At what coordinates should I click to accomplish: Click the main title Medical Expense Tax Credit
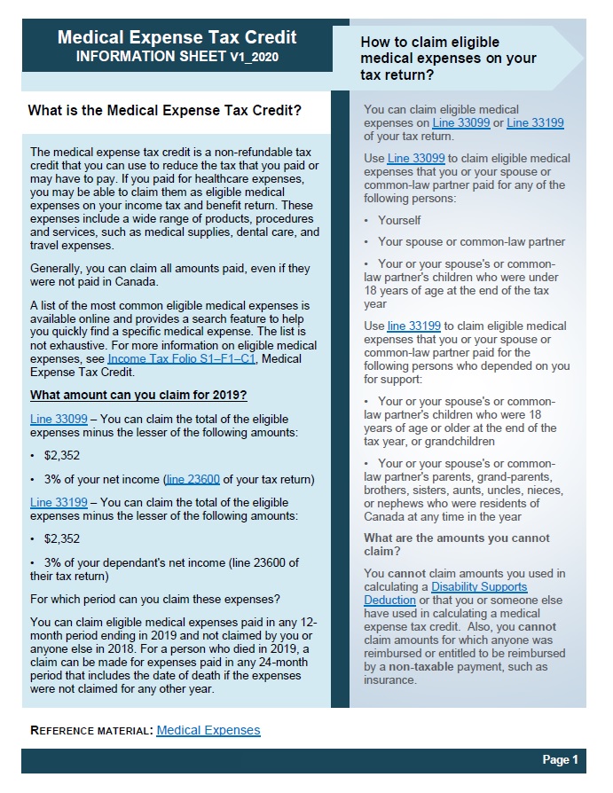click(x=177, y=37)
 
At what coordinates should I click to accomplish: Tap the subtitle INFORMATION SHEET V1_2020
click(x=177, y=56)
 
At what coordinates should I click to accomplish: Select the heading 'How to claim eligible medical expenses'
click(x=448, y=59)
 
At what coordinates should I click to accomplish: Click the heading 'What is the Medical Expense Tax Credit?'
click(x=165, y=111)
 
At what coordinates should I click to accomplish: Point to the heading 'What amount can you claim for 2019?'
click(x=138, y=395)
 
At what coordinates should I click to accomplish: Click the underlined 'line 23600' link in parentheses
click(x=193, y=480)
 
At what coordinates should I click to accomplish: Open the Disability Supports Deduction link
click(x=479, y=593)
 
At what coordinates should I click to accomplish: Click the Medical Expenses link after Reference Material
click(x=208, y=730)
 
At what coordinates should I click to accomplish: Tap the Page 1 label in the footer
click(x=560, y=760)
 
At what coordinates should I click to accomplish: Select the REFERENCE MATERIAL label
click(x=91, y=731)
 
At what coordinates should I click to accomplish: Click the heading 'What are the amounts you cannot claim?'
click(x=456, y=545)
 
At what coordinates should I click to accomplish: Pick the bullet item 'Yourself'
click(x=399, y=220)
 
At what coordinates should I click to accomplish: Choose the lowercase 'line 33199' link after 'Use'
click(x=413, y=326)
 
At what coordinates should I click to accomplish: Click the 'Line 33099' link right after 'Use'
click(x=414, y=158)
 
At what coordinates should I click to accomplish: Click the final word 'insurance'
click(x=389, y=680)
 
